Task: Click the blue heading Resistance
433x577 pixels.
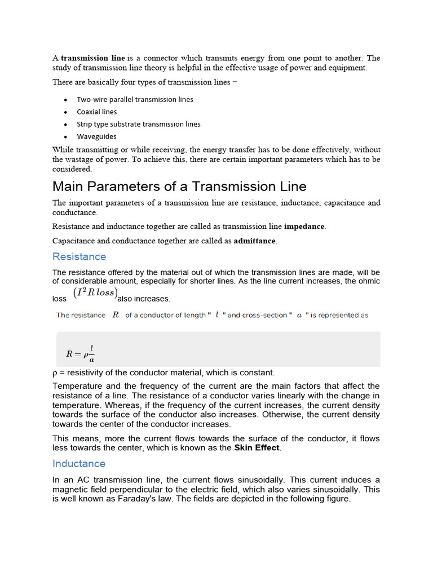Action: click(x=79, y=256)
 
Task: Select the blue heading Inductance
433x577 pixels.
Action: click(x=79, y=463)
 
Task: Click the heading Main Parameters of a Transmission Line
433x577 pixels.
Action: click(x=179, y=186)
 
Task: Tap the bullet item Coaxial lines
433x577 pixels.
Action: click(x=97, y=112)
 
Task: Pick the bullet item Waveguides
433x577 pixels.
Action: click(x=96, y=136)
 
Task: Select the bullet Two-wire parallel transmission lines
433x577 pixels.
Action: click(x=135, y=99)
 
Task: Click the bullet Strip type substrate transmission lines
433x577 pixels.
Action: click(x=139, y=124)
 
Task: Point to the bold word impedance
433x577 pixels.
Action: click(x=304, y=227)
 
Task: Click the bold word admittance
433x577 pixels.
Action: click(x=255, y=241)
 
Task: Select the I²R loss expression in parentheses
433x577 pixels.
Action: click(x=95, y=293)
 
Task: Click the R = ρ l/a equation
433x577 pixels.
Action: click(x=80, y=353)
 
